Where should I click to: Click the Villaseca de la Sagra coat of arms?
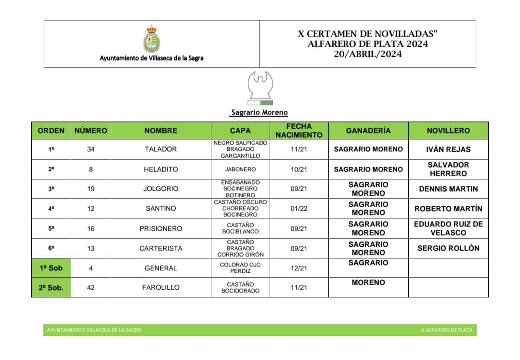pos(152,39)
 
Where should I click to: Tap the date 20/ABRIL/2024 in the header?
pos(367,54)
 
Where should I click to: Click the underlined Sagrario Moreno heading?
pos(259,113)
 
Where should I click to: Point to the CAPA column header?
pos(240,131)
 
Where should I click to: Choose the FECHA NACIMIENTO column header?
pos(299,131)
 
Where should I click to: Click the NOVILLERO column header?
pos(448,131)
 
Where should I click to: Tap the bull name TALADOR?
pos(161,149)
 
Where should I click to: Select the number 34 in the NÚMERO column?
pos(91,149)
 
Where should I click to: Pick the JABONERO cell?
pos(240,170)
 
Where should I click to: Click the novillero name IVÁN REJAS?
pos(448,149)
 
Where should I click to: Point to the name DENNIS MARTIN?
pos(448,189)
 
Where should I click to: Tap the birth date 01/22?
pos(299,209)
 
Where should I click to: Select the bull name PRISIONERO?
pos(161,228)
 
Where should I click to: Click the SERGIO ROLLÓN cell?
pos(448,248)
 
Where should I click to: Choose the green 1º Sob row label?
pos(51,268)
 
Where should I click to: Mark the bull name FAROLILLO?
pos(161,287)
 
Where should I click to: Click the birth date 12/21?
pos(299,268)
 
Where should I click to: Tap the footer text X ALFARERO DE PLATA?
pos(447,330)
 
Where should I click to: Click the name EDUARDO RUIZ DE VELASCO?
pos(448,228)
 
